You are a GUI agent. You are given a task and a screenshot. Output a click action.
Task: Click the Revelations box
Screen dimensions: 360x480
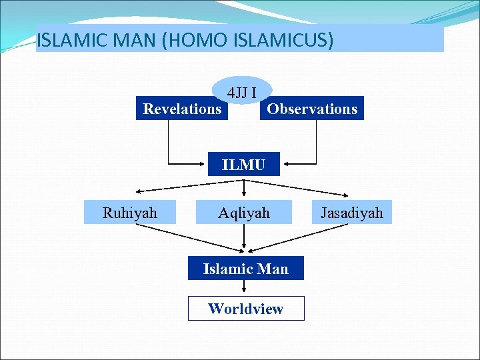point(182,109)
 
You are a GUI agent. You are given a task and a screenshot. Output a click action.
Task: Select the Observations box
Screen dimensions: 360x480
point(312,109)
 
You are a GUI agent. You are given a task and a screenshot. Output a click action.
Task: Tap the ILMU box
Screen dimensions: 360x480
point(243,164)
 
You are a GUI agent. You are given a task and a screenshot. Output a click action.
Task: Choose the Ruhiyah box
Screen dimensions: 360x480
point(130,213)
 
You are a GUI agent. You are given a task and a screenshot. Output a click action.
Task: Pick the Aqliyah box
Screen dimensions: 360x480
point(244,213)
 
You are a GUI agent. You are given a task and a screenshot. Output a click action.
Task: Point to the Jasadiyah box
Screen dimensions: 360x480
point(352,213)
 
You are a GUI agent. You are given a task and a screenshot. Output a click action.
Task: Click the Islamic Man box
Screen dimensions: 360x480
point(245,269)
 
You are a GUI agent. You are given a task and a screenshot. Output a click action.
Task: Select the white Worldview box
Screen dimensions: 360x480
point(245,309)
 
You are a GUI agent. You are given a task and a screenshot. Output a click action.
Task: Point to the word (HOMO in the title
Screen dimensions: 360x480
point(184,40)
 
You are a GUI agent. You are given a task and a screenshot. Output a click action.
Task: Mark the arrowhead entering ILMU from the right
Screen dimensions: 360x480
point(285,163)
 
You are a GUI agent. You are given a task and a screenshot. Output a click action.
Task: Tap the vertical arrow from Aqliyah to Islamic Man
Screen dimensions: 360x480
point(245,237)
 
